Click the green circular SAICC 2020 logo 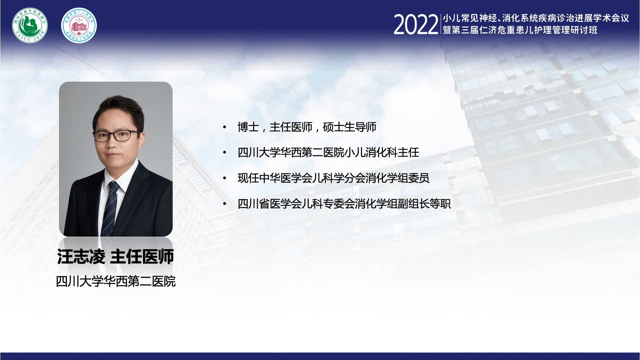(30, 25)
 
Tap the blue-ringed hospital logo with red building (79, 25)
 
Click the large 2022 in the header (416, 25)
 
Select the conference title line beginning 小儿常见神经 (536, 18)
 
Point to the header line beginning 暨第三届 (520, 30)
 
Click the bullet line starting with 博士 (307, 127)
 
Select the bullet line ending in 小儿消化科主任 (328, 152)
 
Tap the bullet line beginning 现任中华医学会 (333, 178)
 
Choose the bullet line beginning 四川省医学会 (344, 203)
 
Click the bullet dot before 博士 (225, 127)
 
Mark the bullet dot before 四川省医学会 (225, 203)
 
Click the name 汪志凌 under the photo (81, 257)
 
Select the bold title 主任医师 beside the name (142, 257)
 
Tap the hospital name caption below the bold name (116, 281)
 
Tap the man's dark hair (118, 112)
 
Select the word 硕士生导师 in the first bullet (350, 127)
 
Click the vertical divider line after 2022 (441, 24)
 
